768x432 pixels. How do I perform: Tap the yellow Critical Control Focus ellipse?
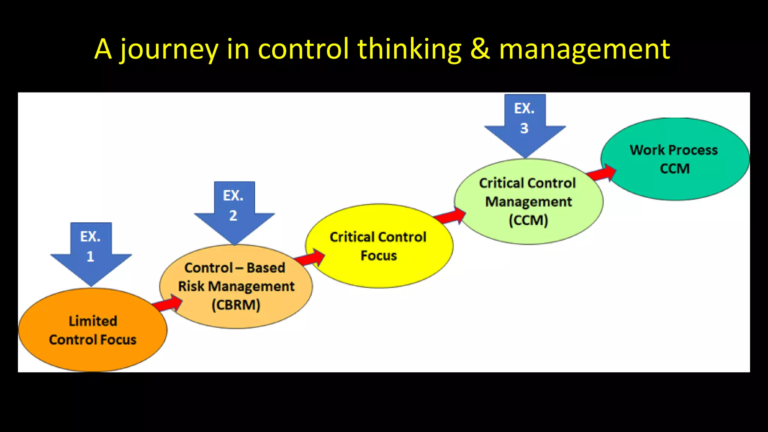(379, 246)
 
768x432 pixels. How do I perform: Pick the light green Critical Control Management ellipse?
(528, 202)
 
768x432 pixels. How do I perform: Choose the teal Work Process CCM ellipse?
(675, 159)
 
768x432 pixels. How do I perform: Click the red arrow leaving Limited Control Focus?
(168, 303)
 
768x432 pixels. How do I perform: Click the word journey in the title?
(169, 49)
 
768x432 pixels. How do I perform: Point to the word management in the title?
(584, 49)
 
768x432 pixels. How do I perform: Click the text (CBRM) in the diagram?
(236, 305)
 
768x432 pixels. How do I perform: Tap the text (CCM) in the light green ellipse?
(528, 220)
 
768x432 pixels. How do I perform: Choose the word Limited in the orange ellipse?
(93, 321)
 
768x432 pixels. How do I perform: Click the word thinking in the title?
(409, 49)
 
